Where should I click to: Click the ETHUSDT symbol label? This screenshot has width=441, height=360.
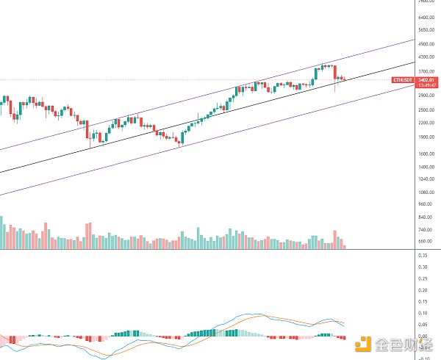[x=402, y=79]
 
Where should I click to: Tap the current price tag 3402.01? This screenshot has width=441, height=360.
[x=426, y=79]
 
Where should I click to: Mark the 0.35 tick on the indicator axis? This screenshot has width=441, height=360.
[x=422, y=255]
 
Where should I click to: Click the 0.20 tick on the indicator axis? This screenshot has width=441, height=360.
[x=422, y=289]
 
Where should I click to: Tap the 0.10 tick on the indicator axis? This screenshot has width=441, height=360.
[x=422, y=312]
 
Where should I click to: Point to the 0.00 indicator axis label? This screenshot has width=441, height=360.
[x=422, y=336]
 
